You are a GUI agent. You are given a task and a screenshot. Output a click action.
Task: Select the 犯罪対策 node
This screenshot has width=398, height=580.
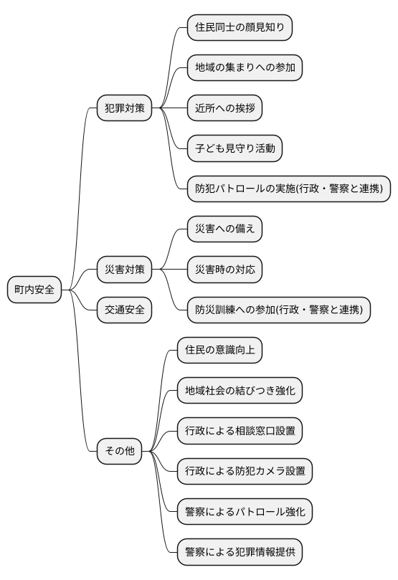click(124, 109)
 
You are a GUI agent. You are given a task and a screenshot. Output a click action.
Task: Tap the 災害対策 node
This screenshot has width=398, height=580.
click(124, 270)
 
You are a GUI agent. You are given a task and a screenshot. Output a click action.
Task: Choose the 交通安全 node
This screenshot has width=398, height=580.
click(124, 310)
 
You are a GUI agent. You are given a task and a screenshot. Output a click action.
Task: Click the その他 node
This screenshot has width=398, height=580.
click(119, 452)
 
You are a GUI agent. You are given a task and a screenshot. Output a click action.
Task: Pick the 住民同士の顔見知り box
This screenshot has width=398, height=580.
click(240, 28)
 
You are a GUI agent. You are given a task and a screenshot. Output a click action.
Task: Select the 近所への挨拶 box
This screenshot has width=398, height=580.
click(224, 109)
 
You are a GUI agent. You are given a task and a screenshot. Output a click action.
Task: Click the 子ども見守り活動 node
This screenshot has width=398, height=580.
click(234, 149)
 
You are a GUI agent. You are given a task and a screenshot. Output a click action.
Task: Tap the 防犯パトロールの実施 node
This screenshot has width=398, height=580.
click(288, 189)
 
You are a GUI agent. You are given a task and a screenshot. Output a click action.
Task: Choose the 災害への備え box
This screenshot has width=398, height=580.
click(224, 229)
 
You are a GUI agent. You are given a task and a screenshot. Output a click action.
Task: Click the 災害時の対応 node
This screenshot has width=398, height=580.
click(224, 270)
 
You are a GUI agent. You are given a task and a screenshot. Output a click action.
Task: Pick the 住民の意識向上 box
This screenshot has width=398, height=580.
click(219, 351)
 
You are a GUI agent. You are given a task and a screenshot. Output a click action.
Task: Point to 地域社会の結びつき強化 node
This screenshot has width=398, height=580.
click(239, 391)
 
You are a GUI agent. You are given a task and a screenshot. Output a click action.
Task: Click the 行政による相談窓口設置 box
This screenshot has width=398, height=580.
click(239, 432)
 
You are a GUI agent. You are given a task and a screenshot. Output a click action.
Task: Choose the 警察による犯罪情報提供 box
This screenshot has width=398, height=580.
click(239, 553)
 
